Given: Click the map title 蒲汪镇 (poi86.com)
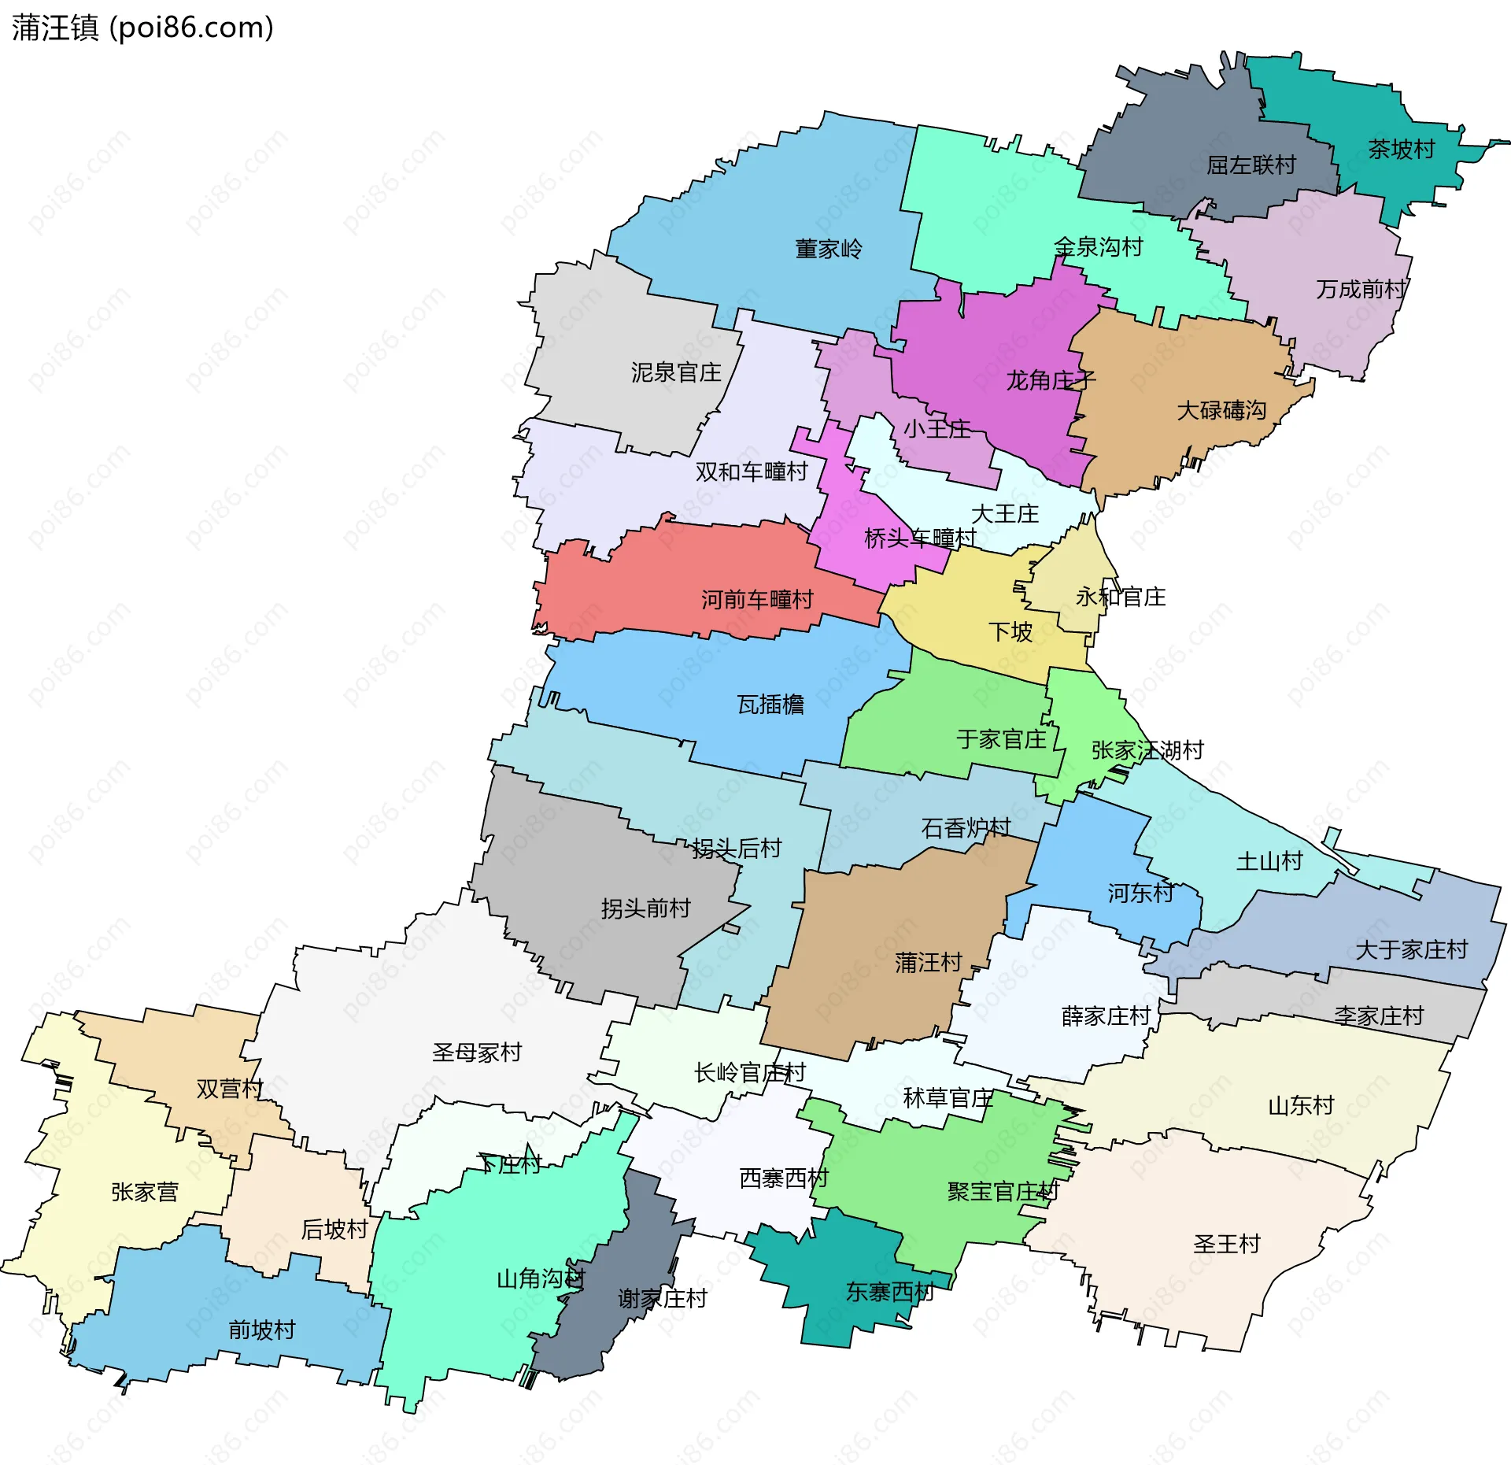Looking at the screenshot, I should [142, 28].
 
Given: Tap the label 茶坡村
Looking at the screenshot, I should [1401, 149].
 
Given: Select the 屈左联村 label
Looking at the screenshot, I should [1251, 165].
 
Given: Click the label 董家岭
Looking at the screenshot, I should [828, 249].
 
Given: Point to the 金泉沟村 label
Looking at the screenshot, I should [1098, 246].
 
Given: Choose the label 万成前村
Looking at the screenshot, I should [1361, 289].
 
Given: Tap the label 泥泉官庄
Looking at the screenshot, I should [676, 372].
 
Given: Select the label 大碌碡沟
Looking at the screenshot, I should [1221, 409].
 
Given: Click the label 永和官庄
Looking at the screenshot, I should [1120, 597].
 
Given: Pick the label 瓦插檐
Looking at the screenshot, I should [770, 704].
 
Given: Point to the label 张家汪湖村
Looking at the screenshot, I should [1147, 749].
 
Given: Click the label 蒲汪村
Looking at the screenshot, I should [928, 962].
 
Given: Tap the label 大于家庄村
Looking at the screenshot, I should [1411, 949].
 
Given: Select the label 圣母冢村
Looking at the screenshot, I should [476, 1052].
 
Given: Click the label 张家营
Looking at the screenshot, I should [144, 1192].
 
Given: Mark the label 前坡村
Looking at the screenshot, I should [261, 1330].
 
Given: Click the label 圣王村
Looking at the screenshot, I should [1226, 1244].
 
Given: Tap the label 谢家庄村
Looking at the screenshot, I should [662, 1298].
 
